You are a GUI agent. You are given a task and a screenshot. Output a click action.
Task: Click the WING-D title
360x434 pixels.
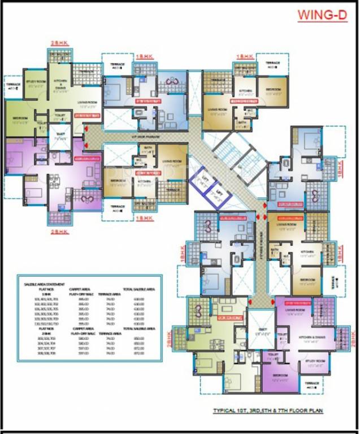coord(323,16)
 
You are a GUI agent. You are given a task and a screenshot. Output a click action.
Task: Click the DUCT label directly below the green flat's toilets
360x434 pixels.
coord(58,136)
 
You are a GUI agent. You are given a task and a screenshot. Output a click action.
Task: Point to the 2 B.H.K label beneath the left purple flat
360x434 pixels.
coord(59,231)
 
